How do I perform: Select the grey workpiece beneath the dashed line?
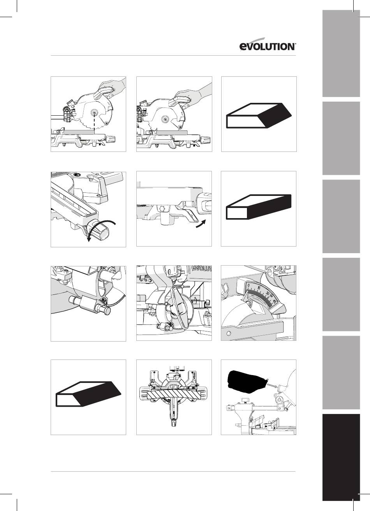[79, 132]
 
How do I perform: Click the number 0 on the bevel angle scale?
[248, 285]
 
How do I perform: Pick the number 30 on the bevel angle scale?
[268, 293]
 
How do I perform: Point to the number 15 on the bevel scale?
[259, 288]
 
